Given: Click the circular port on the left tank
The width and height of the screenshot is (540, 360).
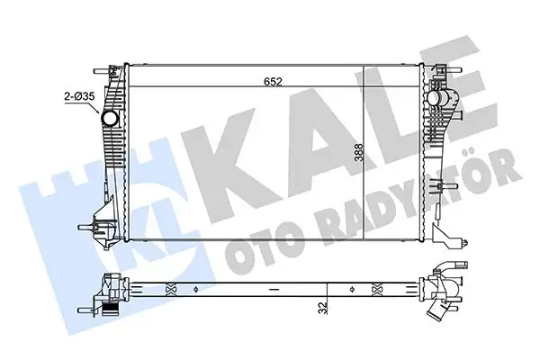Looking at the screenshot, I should coord(111,119).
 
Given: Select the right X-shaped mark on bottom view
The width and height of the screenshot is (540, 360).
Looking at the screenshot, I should coord(373,288).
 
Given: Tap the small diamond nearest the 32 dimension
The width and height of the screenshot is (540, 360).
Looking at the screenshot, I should coord(327,288).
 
